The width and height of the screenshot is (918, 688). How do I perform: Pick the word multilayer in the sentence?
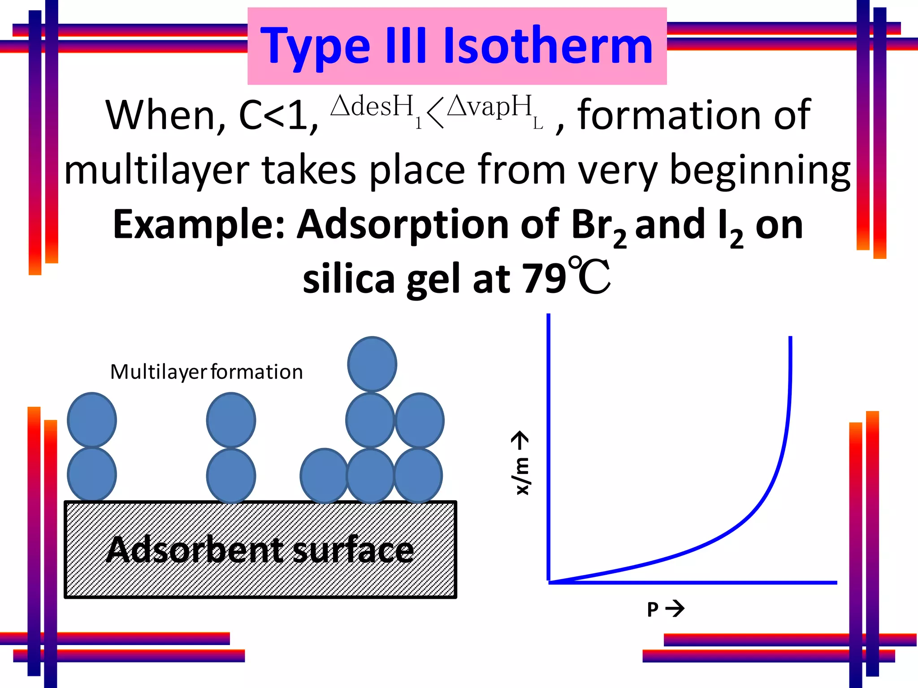pyautogui.click(x=156, y=171)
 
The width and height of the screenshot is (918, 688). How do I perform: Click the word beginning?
pyautogui.click(x=759, y=171)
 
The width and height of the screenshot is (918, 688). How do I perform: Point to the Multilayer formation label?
pyautogui.click(x=206, y=372)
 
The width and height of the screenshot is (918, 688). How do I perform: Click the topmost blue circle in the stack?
pyautogui.click(x=372, y=364)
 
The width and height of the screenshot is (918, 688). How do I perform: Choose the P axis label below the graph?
pyautogui.click(x=653, y=610)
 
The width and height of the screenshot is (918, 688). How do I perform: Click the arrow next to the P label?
pyautogui.click(x=675, y=609)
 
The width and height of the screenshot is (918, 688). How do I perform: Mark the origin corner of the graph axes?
pyautogui.click(x=549, y=582)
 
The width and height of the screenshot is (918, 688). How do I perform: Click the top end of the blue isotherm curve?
pyautogui.click(x=790, y=338)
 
